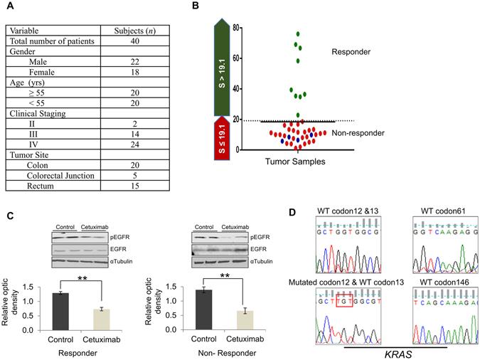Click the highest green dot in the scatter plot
298,34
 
